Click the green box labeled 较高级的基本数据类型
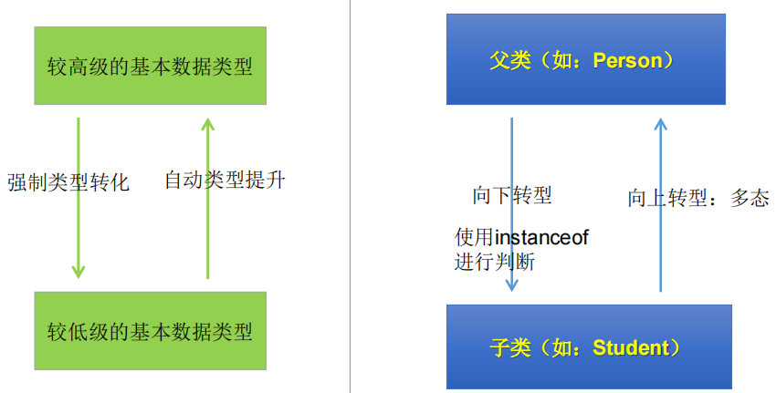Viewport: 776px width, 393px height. click(x=150, y=65)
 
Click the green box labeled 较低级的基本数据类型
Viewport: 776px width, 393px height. click(x=150, y=330)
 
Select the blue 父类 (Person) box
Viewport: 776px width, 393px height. click(x=585, y=59)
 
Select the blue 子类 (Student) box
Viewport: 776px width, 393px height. click(x=589, y=346)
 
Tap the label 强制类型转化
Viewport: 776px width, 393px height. click(x=68, y=182)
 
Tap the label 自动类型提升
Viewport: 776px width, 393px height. click(x=225, y=180)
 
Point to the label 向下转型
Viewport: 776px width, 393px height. click(x=512, y=195)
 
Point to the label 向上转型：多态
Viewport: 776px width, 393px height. click(x=698, y=198)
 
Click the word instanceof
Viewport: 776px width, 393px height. click(x=541, y=238)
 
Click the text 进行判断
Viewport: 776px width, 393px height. click(x=494, y=263)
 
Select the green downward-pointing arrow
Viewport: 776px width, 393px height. click(x=79, y=196)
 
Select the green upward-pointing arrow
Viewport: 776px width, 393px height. click(x=207, y=196)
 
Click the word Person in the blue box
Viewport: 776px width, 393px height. click(x=627, y=61)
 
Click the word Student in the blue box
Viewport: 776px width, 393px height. click(x=630, y=347)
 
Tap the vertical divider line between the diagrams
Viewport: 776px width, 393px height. click(x=351, y=196)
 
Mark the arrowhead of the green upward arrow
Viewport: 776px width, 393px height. click(x=207, y=122)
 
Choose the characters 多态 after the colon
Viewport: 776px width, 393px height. click(x=750, y=198)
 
